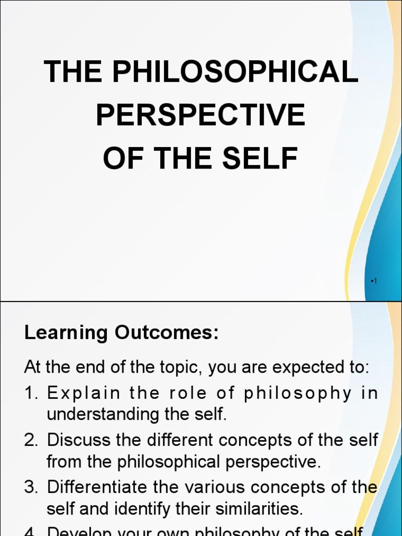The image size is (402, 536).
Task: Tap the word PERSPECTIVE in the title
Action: click(x=200, y=115)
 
